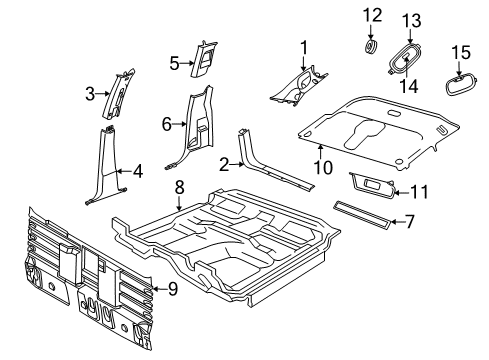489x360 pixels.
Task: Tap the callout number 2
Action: click(x=227, y=163)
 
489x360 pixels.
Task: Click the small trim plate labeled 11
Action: click(x=372, y=183)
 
